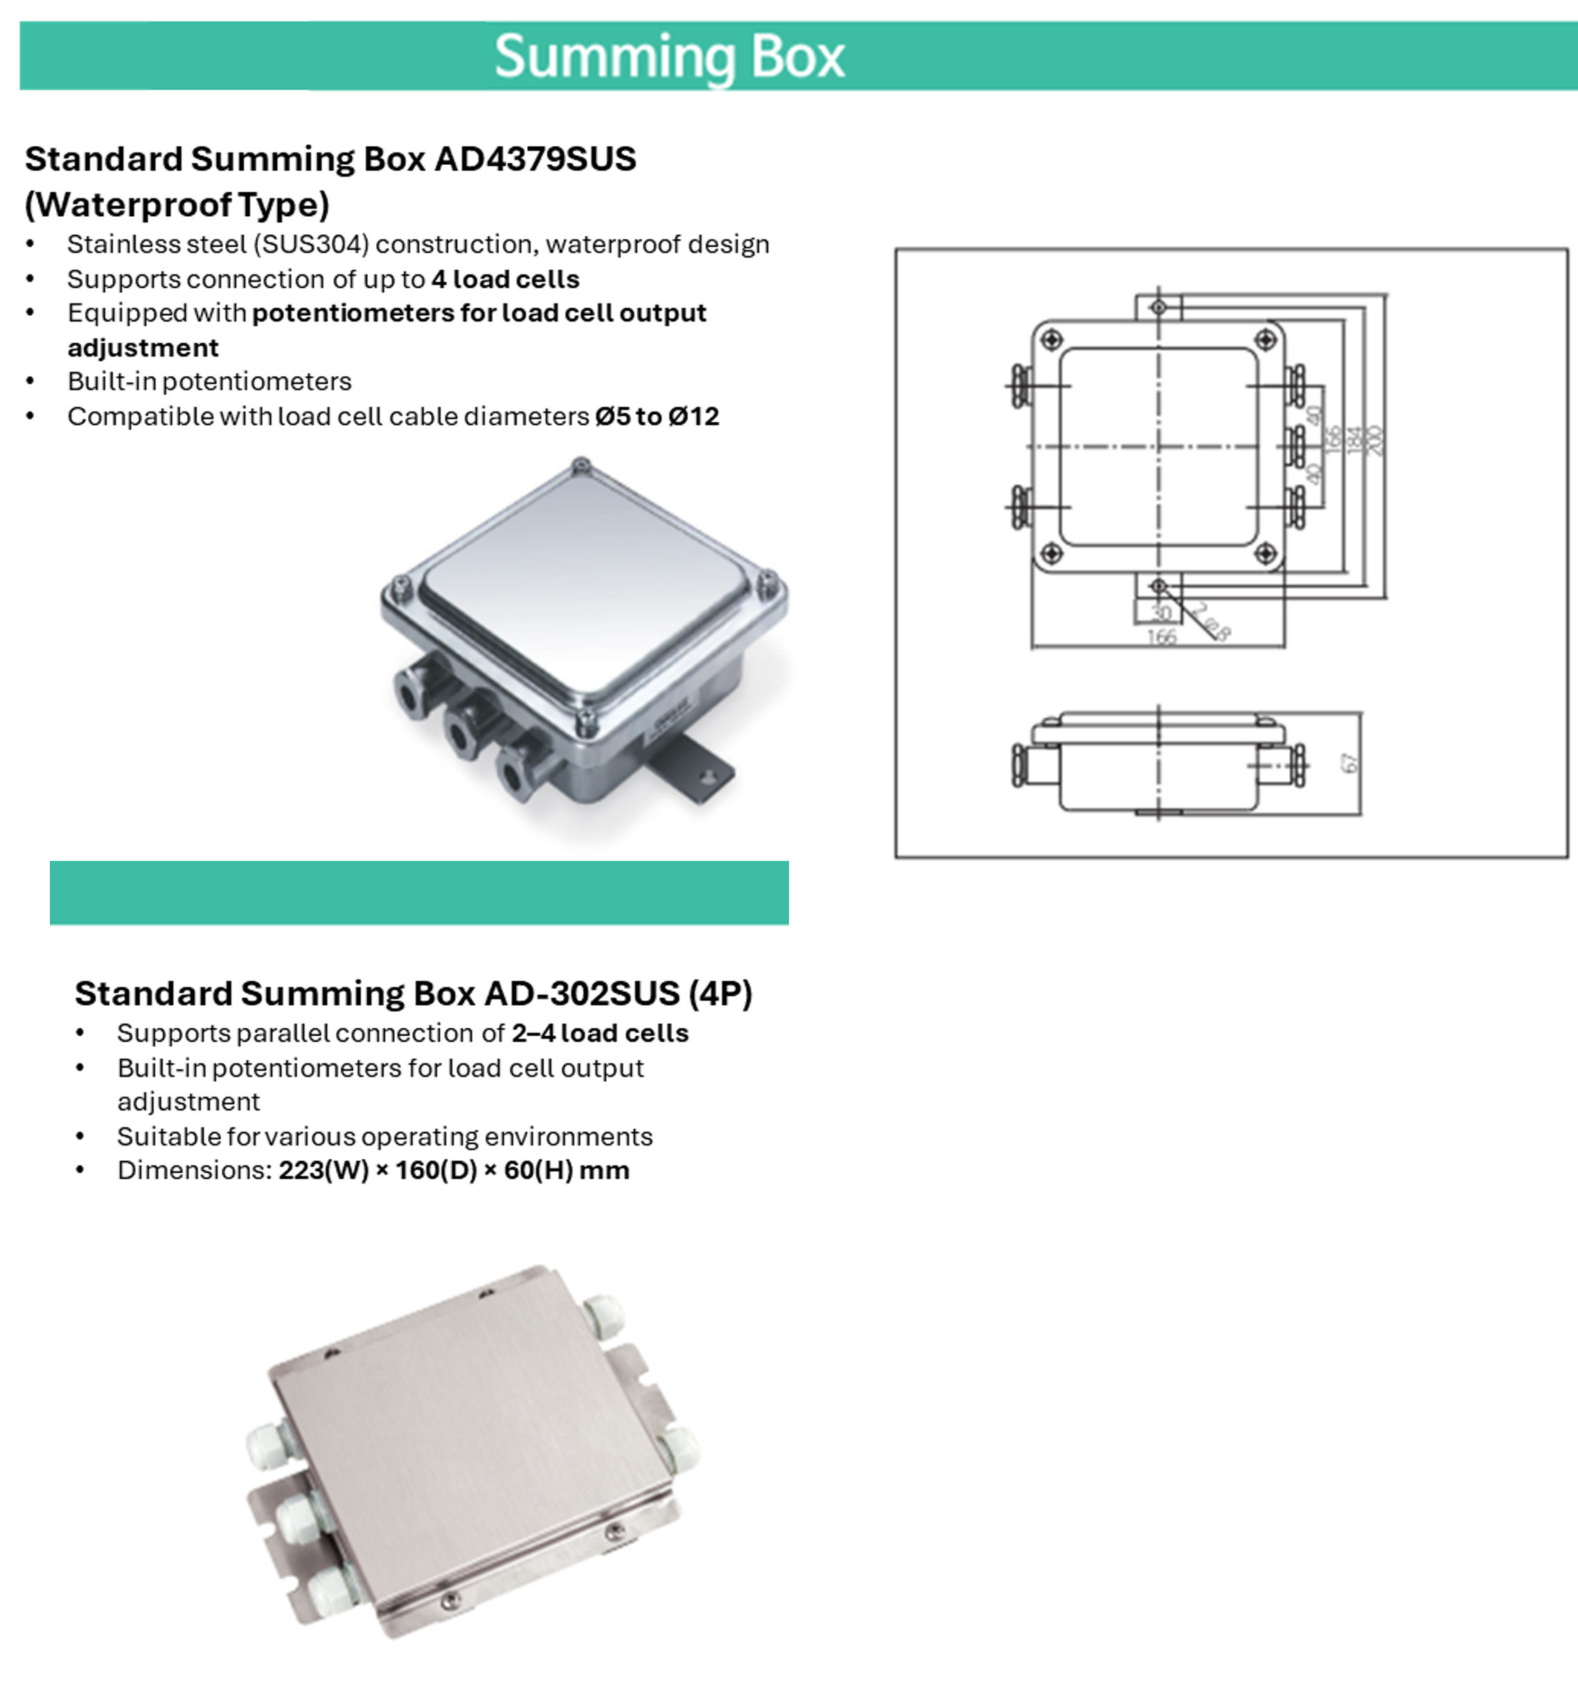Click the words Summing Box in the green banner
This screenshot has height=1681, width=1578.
pos(669,57)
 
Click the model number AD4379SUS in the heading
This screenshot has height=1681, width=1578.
pos(535,159)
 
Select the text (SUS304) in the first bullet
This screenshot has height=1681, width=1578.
pos(311,244)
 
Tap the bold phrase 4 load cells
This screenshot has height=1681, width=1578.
pos(505,279)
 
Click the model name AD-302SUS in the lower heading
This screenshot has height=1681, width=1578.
pos(582,993)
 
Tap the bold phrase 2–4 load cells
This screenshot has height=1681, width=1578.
pos(600,1033)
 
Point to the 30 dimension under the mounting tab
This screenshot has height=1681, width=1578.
pos(1162,612)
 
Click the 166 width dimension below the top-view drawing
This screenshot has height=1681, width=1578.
pos(1162,636)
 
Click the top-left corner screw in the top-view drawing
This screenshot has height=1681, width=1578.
pos(1051,340)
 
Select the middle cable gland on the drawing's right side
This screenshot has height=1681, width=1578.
pos(1295,445)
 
